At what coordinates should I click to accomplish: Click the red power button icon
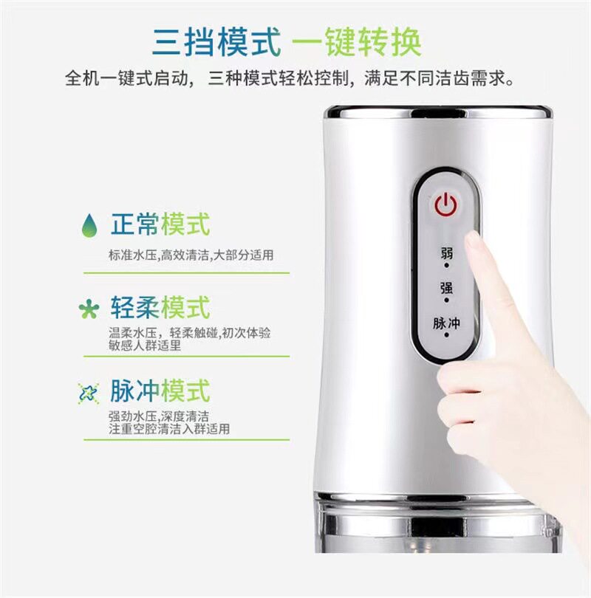tap(445, 205)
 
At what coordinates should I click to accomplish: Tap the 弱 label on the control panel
tap(446, 252)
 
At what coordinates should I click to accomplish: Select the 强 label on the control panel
tap(446, 287)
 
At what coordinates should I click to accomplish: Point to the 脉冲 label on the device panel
tap(446, 323)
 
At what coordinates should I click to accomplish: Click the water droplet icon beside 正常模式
tap(89, 225)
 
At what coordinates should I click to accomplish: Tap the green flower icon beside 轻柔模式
tap(89, 309)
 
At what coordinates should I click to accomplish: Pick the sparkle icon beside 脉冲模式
tap(89, 393)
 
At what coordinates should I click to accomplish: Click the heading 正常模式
tap(160, 224)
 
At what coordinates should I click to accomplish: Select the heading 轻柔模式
tap(160, 307)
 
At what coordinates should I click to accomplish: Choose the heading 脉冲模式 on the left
tap(160, 391)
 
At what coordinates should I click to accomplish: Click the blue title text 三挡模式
tap(216, 42)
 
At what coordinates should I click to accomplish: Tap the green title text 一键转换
tap(357, 42)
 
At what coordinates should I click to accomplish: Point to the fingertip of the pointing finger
tap(473, 238)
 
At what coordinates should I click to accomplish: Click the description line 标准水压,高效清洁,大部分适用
tap(191, 255)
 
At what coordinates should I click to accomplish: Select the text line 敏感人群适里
tap(145, 346)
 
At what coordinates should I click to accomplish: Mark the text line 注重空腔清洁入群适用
tap(169, 429)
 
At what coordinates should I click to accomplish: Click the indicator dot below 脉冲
tap(446, 335)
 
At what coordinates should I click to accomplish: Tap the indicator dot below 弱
tap(446, 265)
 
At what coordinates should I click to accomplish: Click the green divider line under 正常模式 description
tap(187, 273)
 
